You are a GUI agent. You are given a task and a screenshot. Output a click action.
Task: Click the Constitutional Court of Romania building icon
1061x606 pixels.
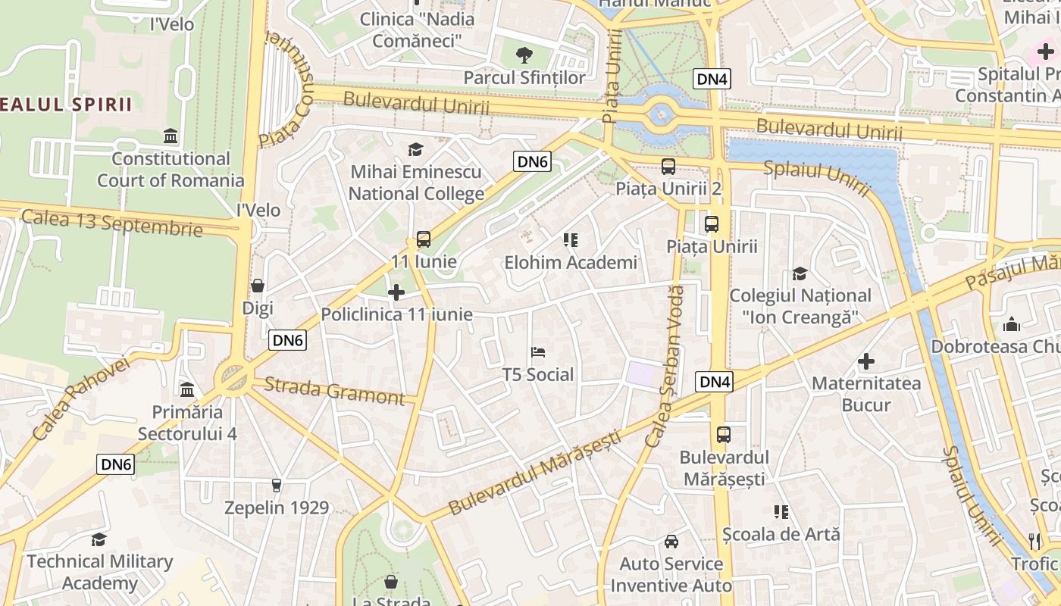pyautogui.click(x=171, y=136)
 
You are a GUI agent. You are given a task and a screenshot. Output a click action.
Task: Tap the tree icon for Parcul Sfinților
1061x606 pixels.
pyautogui.click(x=524, y=55)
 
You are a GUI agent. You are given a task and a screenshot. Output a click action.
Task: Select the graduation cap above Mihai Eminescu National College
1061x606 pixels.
pyautogui.click(x=415, y=149)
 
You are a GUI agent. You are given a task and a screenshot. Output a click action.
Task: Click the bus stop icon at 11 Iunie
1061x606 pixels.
pyautogui.click(x=424, y=239)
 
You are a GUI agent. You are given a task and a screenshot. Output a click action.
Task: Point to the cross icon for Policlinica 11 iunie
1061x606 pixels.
pyautogui.click(x=396, y=292)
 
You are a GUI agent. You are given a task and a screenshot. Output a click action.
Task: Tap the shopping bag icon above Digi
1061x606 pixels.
pyautogui.click(x=258, y=286)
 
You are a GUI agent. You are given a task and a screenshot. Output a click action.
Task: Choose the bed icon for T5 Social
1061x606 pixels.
pyautogui.click(x=538, y=352)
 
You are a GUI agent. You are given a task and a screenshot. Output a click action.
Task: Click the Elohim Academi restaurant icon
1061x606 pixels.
pyautogui.click(x=571, y=240)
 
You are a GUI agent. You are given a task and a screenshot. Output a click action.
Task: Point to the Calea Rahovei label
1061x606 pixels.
pyautogui.click(x=81, y=398)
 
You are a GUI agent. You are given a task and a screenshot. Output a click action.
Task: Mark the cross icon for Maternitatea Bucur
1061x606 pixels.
pyautogui.click(x=865, y=361)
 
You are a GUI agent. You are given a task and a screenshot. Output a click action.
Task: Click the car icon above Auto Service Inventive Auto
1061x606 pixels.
pyautogui.click(x=671, y=541)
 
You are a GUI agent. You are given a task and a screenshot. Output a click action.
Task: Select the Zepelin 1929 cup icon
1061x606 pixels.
pyautogui.click(x=277, y=485)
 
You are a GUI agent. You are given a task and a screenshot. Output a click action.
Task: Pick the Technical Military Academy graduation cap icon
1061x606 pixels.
pyautogui.click(x=99, y=539)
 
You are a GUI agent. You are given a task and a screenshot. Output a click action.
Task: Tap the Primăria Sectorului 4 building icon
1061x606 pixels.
pyautogui.click(x=187, y=389)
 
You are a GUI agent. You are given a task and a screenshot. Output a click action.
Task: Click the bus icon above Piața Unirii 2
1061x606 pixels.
pyautogui.click(x=668, y=166)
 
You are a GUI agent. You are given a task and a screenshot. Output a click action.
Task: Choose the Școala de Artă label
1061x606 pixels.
pyautogui.click(x=781, y=534)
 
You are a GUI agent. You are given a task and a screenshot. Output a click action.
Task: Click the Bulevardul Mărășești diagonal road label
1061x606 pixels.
pyautogui.click(x=534, y=473)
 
